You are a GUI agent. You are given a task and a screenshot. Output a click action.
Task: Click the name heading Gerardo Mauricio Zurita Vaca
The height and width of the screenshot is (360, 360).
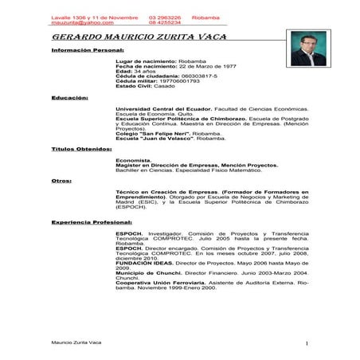pos(139,37)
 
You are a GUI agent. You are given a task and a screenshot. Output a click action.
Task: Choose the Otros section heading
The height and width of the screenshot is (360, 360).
pos(61,180)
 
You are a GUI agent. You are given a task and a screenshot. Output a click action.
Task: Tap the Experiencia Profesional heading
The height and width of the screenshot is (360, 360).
pos(91,221)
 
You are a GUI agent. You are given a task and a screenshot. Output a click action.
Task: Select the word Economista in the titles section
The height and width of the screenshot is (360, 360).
pos(133,159)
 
